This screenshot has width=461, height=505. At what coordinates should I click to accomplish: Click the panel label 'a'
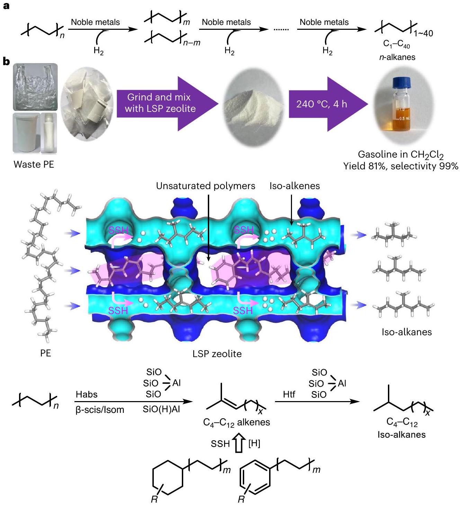pyautogui.click(x=6, y=6)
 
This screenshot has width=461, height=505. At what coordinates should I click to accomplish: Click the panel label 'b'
pyautogui.click(x=6, y=62)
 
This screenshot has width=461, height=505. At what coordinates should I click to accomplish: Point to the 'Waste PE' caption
pyautogui.click(x=34, y=164)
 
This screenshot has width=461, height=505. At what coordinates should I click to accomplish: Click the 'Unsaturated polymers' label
pyautogui.click(x=205, y=186)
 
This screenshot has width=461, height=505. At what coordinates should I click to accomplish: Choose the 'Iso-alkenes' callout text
pyautogui.click(x=294, y=186)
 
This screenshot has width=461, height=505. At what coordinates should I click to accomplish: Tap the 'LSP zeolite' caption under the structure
pyautogui.click(x=217, y=354)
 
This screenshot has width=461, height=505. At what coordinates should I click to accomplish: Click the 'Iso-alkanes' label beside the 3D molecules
pyautogui.click(x=407, y=332)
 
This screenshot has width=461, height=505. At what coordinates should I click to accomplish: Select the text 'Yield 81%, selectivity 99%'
pyautogui.click(x=400, y=166)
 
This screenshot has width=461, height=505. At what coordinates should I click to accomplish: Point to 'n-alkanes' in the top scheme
pyautogui.click(x=397, y=57)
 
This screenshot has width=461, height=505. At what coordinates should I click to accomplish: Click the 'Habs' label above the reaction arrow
pyautogui.click(x=87, y=394)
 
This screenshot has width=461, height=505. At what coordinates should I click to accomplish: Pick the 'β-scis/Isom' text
pyautogui.click(x=100, y=410)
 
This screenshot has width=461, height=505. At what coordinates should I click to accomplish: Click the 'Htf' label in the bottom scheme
pyautogui.click(x=289, y=394)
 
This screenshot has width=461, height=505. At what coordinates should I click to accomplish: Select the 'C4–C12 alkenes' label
pyautogui.click(x=237, y=422)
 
